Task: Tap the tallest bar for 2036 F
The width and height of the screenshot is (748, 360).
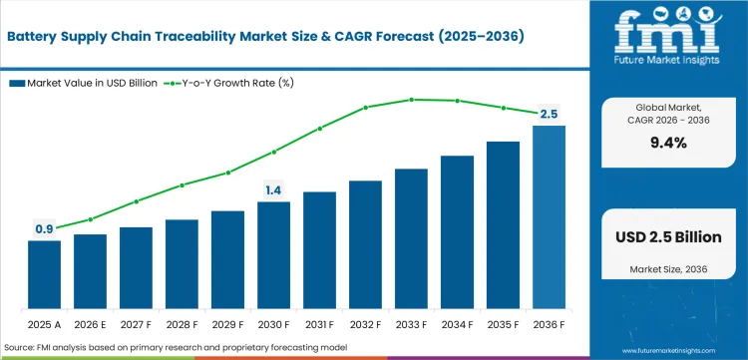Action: (x=549, y=216)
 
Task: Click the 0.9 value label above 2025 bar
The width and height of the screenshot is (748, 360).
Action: (x=44, y=229)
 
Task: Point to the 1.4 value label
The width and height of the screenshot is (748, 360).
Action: (x=273, y=189)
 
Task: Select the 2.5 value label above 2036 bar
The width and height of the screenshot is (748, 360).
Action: (x=549, y=115)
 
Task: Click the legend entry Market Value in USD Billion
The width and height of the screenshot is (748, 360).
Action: (x=90, y=83)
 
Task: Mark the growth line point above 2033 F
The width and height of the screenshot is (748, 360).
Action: (x=411, y=99)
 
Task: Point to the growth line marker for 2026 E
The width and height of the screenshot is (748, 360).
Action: (x=90, y=219)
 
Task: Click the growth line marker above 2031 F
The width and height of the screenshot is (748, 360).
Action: (x=319, y=128)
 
